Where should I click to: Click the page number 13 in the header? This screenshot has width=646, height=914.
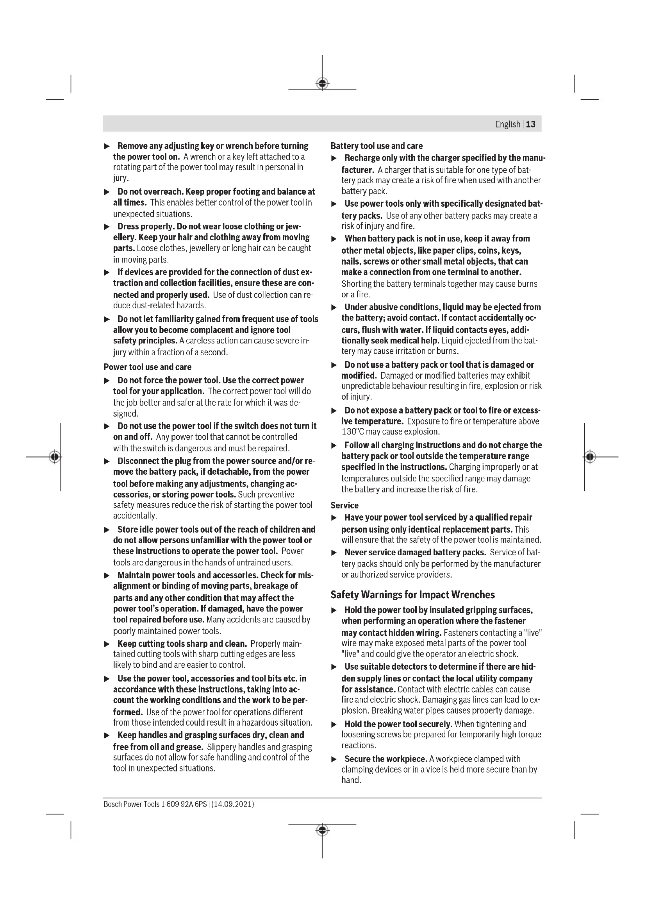click(x=531, y=124)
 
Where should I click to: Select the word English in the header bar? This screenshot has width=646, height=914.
click(x=508, y=124)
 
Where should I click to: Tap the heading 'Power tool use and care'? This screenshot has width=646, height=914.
click(x=148, y=367)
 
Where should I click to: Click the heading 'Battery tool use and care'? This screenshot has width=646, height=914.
click(x=376, y=146)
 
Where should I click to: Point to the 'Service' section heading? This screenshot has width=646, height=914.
click(x=344, y=505)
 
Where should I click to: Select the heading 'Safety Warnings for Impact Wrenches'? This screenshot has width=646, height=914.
click(x=412, y=595)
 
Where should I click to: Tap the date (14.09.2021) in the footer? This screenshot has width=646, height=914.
click(x=233, y=804)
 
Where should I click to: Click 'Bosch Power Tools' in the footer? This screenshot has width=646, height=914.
click(x=131, y=804)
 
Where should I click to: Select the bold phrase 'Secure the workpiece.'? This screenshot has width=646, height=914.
click(x=385, y=759)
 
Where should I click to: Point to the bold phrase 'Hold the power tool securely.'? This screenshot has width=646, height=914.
click(x=398, y=724)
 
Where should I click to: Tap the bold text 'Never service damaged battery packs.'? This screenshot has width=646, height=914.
click(x=415, y=553)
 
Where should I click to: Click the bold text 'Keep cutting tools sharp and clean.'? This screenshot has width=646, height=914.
click(x=182, y=644)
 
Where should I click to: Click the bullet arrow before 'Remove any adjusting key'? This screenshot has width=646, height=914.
click(x=107, y=147)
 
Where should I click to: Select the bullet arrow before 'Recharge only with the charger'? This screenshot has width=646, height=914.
click(x=334, y=158)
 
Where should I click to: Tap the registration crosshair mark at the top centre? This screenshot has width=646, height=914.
click(x=322, y=84)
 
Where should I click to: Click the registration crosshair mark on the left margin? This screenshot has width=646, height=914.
click(x=55, y=456)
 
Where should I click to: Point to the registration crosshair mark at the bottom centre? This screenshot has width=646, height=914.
click(x=322, y=830)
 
